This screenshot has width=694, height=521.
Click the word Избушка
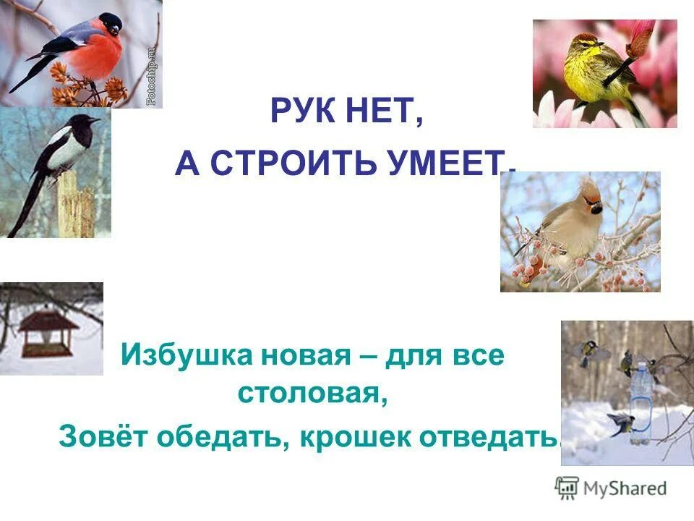pyautogui.click(x=176, y=357)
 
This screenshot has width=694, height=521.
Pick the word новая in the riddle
pyautogui.click(x=288, y=357)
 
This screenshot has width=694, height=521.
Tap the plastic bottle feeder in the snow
pyautogui.click(x=640, y=398)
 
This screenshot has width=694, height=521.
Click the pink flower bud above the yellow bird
pyautogui.click(x=643, y=36)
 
